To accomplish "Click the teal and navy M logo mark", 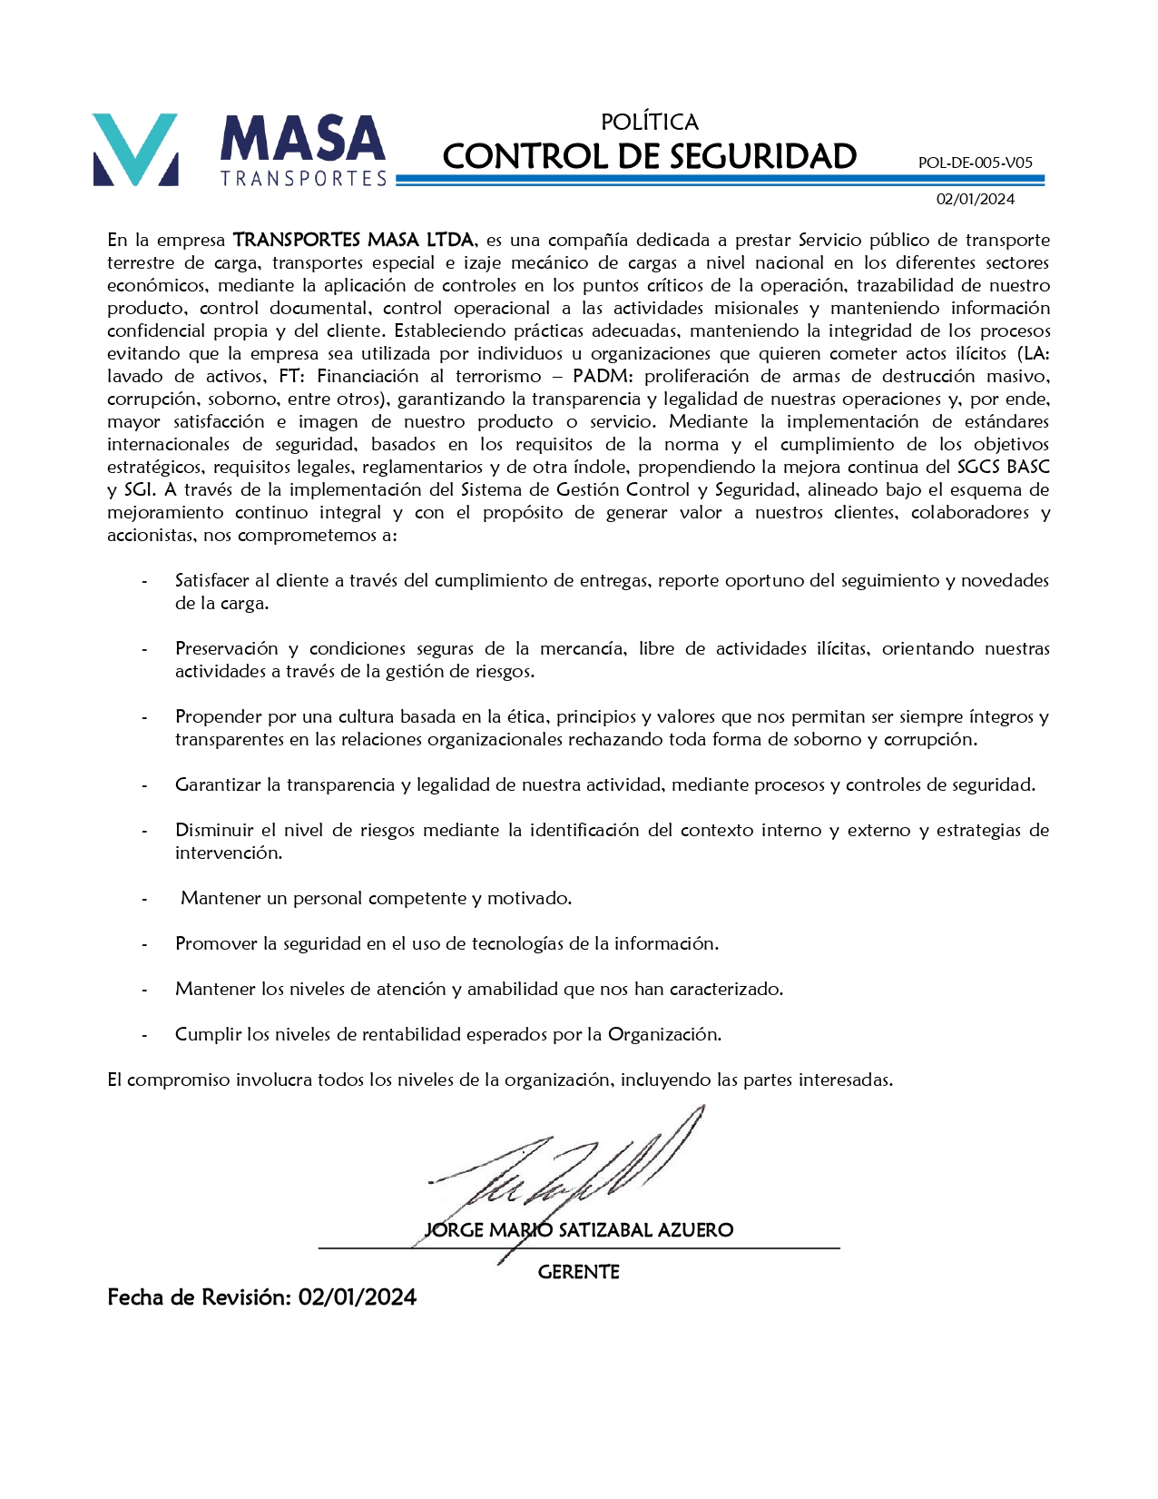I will click(135, 150).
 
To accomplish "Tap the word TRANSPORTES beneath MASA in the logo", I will click(303, 179).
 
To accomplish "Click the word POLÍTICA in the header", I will click(649, 122).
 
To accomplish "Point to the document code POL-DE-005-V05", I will click(975, 163).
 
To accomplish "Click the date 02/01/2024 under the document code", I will click(976, 199).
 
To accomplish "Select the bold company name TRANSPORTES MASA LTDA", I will click(353, 241).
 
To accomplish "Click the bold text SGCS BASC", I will click(1003, 468).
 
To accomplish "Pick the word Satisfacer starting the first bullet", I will click(212, 581).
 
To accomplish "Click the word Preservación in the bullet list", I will click(226, 649).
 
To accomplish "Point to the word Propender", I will click(218, 717).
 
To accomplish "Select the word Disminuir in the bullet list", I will click(215, 831).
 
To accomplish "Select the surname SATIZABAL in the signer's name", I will click(605, 1230).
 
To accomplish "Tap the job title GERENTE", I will click(578, 1272).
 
